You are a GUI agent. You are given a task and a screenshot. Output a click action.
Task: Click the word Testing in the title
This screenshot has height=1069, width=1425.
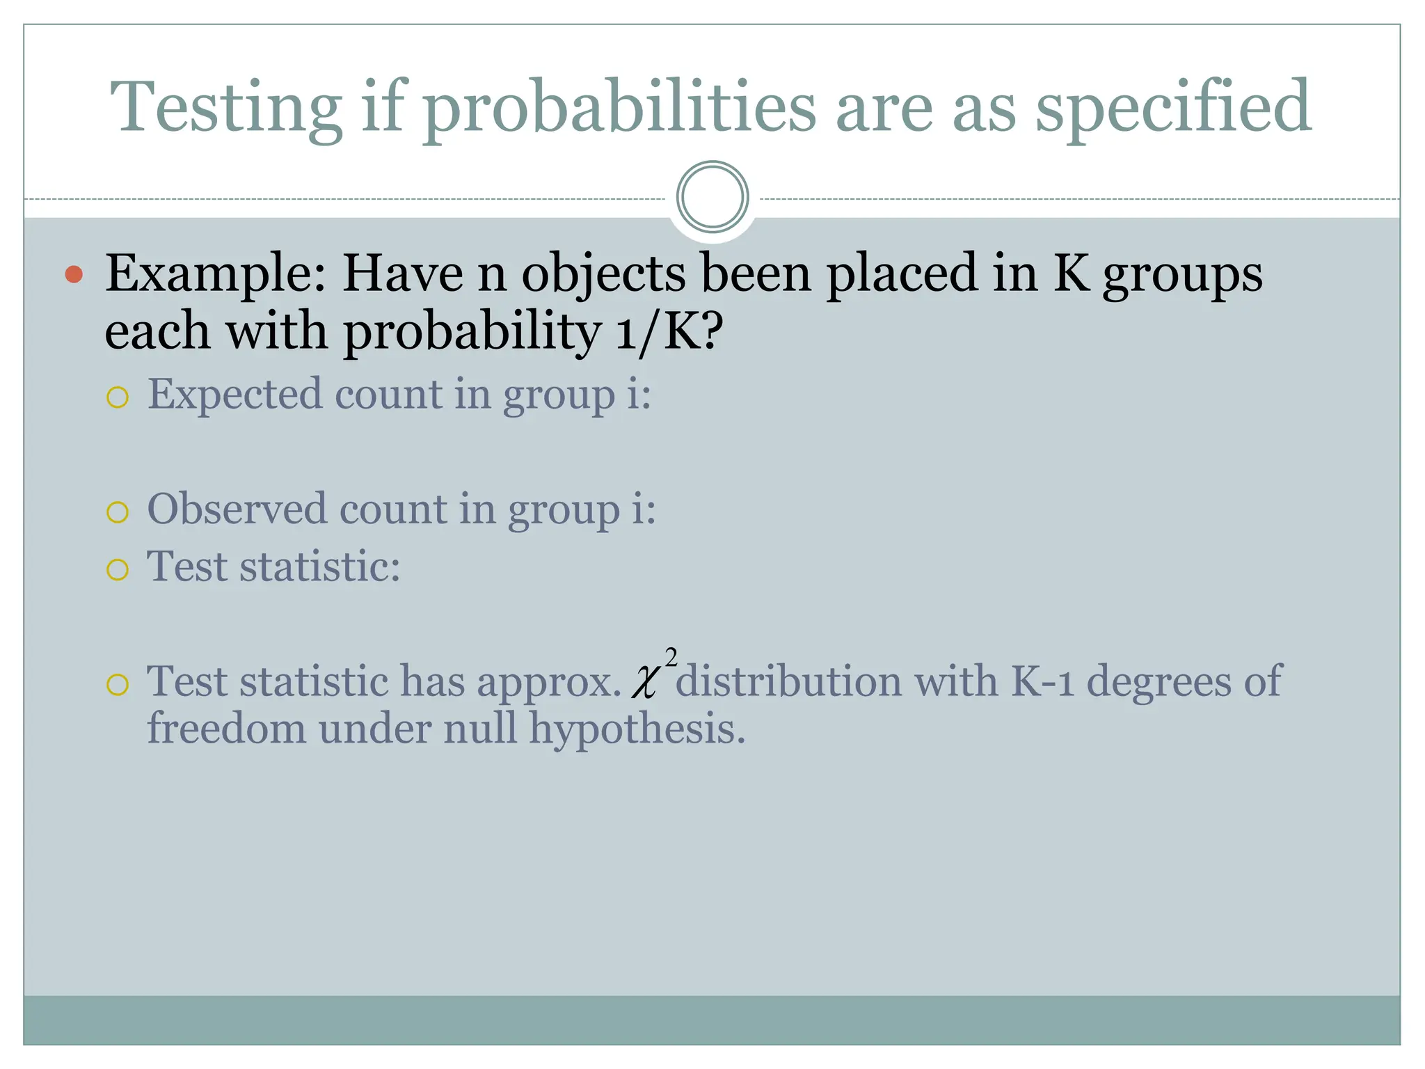[x=226, y=108]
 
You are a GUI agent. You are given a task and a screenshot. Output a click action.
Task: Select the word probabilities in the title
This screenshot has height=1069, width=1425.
[x=619, y=108]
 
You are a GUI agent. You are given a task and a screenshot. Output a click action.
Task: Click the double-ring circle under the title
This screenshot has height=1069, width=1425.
[x=712, y=197]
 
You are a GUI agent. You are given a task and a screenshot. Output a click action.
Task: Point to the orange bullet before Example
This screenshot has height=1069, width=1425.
[x=74, y=274]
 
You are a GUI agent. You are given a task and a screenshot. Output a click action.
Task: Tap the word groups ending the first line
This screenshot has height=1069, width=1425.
[x=1182, y=274]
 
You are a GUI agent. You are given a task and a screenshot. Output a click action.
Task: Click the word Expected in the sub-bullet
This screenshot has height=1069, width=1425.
[x=235, y=395]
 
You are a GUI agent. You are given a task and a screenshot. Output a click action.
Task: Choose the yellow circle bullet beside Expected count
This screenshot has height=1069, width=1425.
[x=118, y=397]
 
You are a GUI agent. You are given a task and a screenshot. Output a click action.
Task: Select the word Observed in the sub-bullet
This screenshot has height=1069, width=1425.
[x=237, y=509]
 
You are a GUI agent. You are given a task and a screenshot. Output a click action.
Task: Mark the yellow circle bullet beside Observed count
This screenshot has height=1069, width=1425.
[x=118, y=512]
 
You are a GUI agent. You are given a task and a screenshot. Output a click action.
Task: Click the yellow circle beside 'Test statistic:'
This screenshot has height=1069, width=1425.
[x=118, y=570]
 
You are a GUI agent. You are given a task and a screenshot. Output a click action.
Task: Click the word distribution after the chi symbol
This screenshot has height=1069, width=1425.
[x=788, y=681]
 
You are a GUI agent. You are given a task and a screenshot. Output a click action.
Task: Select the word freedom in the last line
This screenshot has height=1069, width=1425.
[x=227, y=729]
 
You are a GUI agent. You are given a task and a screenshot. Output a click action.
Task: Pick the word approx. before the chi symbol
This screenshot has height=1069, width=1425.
[x=549, y=682]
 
